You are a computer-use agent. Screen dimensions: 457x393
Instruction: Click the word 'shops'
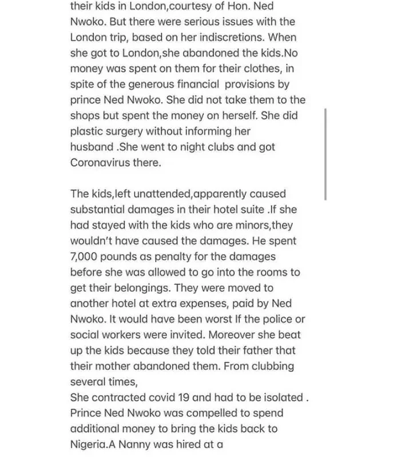85,115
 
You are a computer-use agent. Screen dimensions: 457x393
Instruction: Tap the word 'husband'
92,146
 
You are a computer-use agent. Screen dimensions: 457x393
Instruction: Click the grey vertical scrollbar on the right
325,154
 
